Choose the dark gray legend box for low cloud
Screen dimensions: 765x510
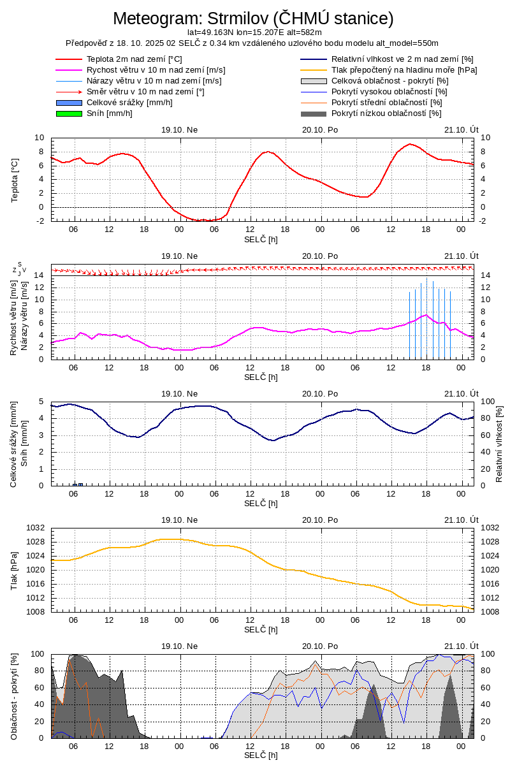pos(314,113)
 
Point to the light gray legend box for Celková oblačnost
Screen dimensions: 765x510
pos(314,81)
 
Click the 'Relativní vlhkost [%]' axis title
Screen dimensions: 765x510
pos(499,444)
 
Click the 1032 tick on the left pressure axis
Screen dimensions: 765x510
pos(35,528)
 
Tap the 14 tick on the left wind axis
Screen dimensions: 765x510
pos(39,275)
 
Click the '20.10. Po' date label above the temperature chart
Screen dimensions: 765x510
pos(321,129)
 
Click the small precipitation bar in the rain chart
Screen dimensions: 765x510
pos(78,484)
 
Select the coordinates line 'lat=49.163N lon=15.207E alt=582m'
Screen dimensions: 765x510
pos(254,32)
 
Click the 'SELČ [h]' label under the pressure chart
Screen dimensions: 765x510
pos(261,629)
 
